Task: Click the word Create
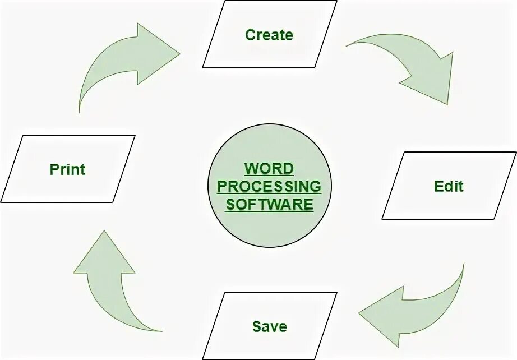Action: click(x=269, y=35)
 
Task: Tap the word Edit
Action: click(x=449, y=186)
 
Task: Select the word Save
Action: click(x=269, y=326)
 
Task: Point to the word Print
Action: click(x=68, y=169)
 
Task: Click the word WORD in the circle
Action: click(x=269, y=169)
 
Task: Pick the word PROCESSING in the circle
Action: click(x=269, y=186)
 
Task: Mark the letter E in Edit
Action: click(x=439, y=186)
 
